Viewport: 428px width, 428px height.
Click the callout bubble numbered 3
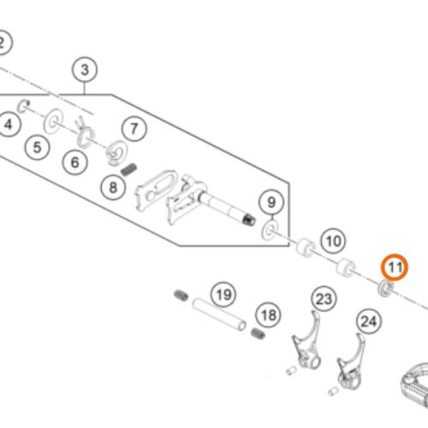[85, 69]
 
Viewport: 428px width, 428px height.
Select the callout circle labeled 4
[8, 124]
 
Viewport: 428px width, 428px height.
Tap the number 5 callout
[37, 147]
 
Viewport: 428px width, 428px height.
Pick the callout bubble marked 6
[74, 163]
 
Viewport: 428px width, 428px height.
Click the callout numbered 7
[134, 128]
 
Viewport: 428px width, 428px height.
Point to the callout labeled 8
[113, 187]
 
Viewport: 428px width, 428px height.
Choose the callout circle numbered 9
[271, 202]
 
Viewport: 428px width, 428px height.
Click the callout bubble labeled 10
[333, 241]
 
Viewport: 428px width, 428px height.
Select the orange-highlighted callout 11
[395, 267]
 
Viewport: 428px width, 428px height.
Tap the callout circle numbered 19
[223, 294]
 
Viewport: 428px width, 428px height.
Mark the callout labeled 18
[269, 315]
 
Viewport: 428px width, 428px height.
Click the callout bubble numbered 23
[324, 300]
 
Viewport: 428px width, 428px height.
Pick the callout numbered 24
[369, 322]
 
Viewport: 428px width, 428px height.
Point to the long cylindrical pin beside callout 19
[219, 314]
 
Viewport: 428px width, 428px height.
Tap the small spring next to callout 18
[258, 333]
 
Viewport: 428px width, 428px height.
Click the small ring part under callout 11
[385, 288]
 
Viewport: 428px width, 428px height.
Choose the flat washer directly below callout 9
[270, 229]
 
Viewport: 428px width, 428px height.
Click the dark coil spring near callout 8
[128, 169]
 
